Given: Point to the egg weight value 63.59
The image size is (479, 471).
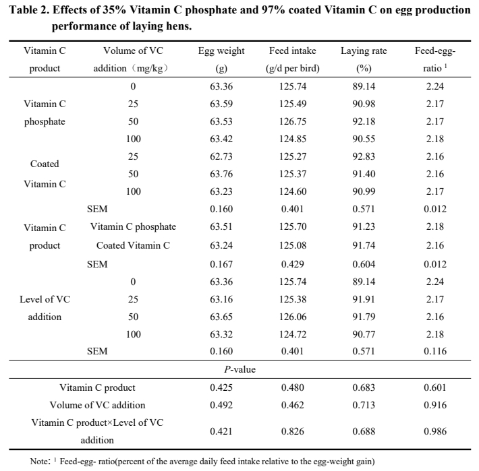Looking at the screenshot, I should [221, 104].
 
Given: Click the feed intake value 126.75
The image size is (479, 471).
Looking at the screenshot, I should [293, 121].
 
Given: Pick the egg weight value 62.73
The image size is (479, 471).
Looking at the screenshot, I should [221, 156].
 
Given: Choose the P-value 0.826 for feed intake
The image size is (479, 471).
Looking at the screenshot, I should [293, 431].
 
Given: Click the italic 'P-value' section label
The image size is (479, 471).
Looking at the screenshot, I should [239, 369].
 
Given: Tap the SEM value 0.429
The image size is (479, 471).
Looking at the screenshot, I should [293, 263].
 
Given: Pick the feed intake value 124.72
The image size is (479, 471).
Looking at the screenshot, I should [293, 333].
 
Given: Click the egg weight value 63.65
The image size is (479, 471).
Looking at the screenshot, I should [221, 316].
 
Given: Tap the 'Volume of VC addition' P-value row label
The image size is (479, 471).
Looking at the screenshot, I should [97, 405].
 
